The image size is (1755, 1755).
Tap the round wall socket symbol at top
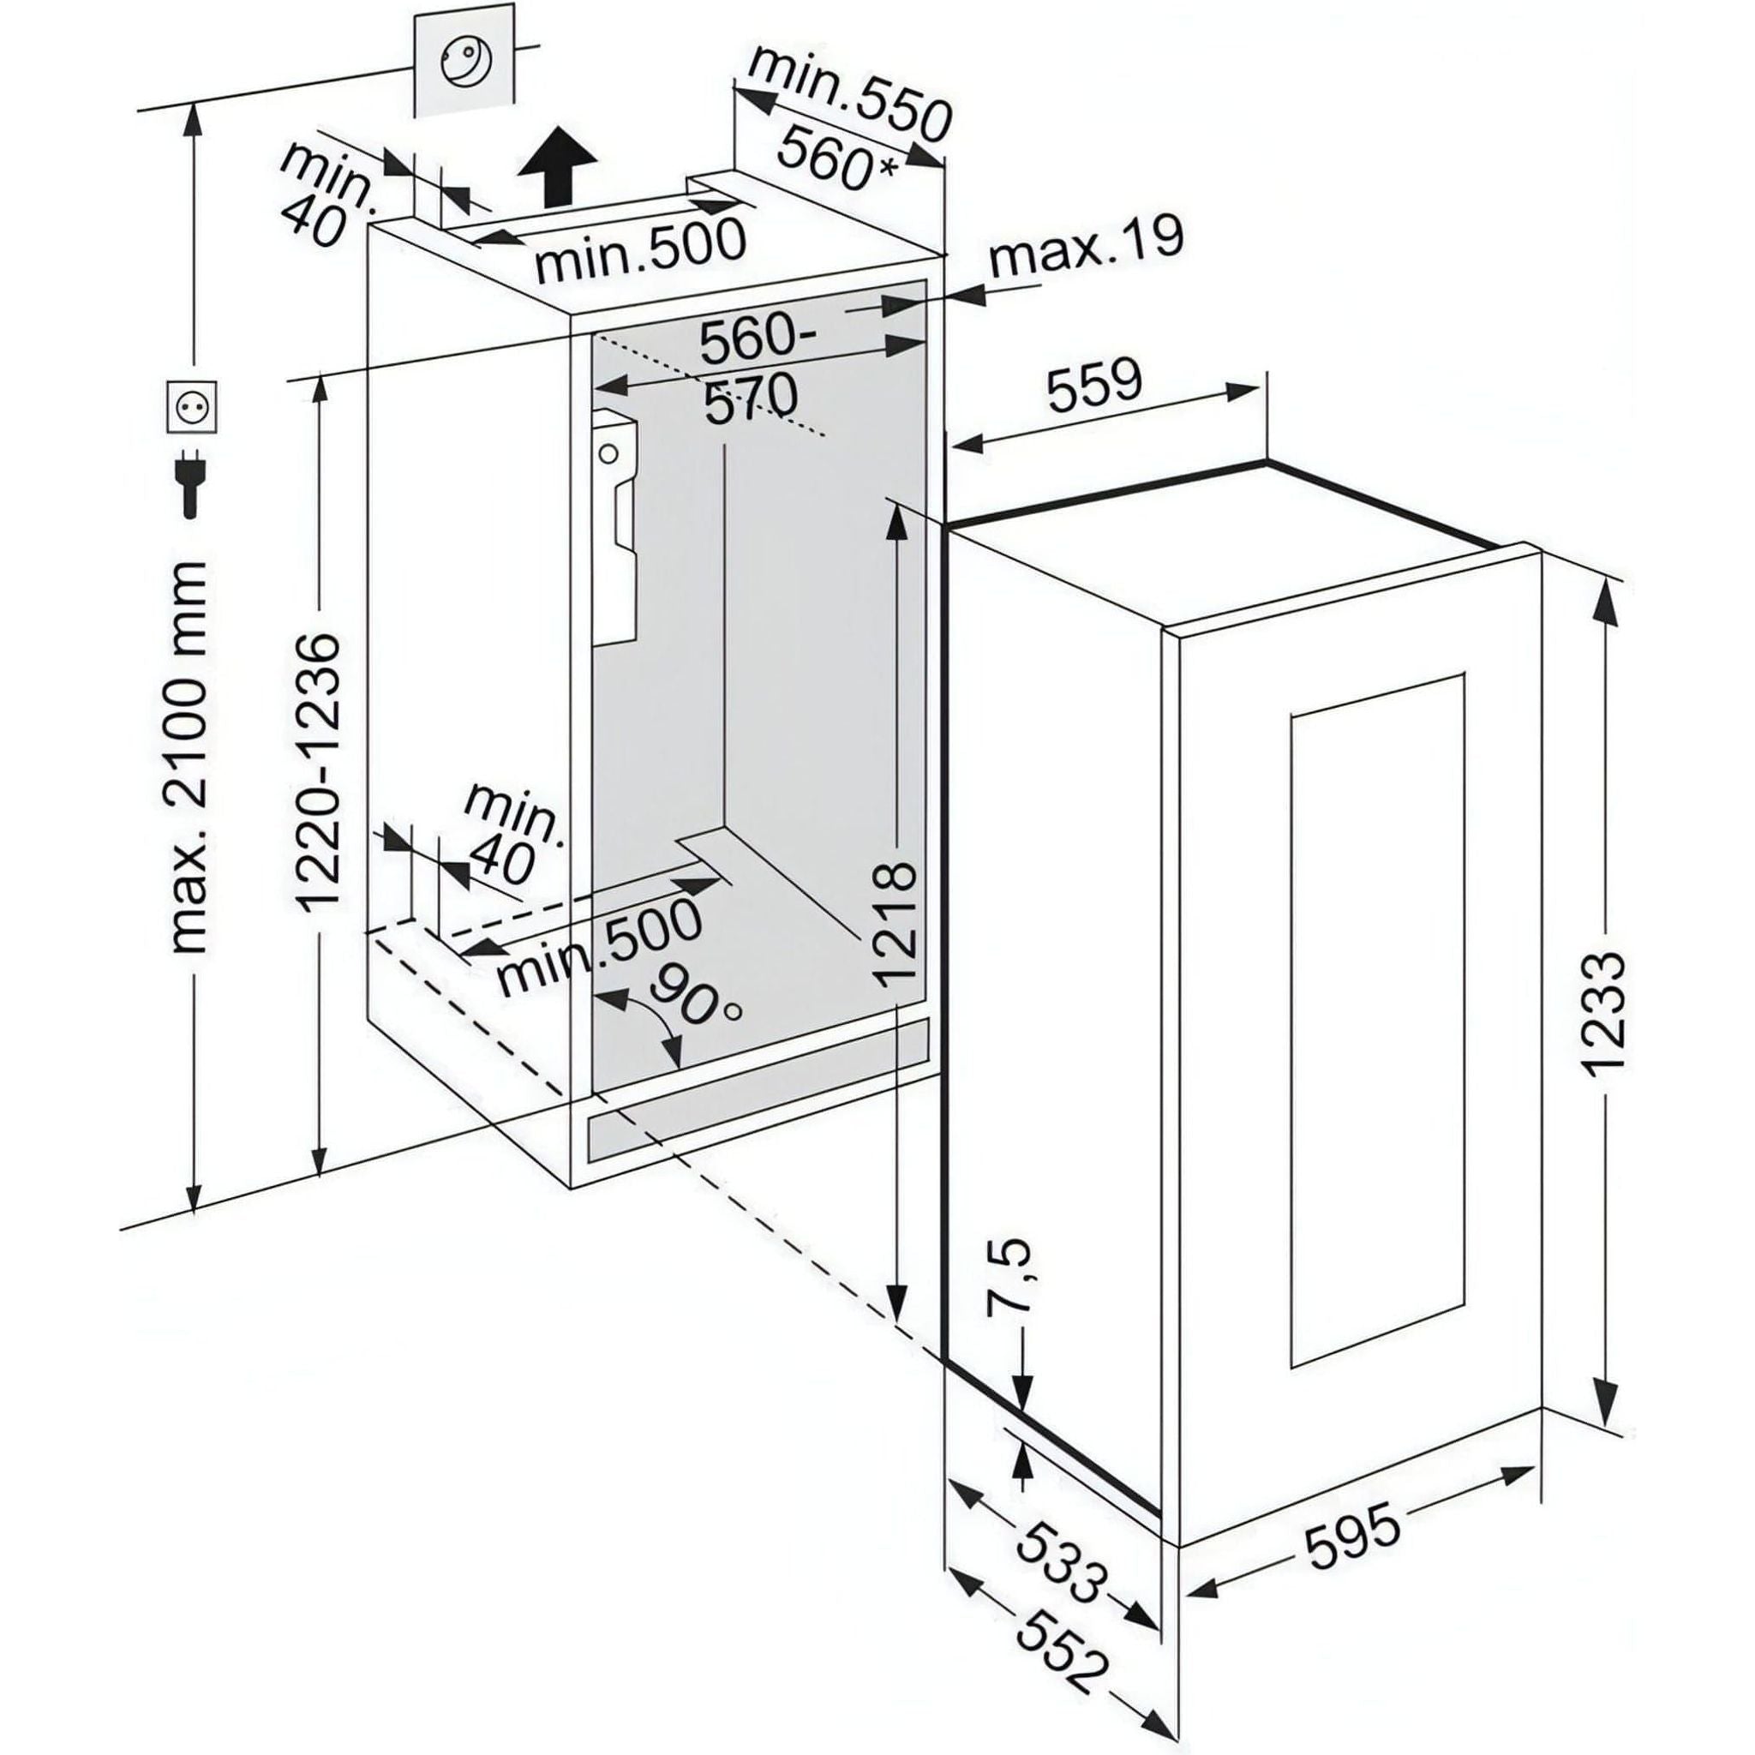coord(465,63)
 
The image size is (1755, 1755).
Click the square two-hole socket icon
coord(192,407)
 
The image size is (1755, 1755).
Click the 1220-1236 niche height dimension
coord(319,773)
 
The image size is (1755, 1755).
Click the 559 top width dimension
coord(1093,385)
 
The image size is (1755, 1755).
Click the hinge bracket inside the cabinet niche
coord(617,527)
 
